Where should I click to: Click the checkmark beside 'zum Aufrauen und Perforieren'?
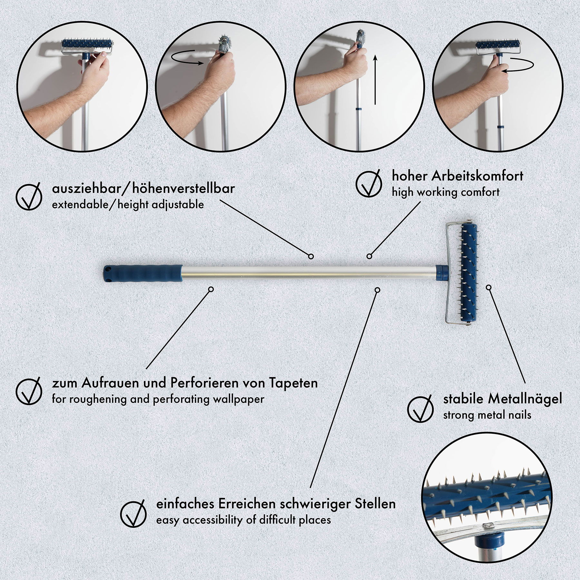pos(29,391)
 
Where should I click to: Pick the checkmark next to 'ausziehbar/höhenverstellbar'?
pos(29,196)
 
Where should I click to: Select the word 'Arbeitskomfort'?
pos(478,176)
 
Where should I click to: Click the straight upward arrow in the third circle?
pos(375,80)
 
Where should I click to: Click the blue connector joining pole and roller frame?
pos(440,272)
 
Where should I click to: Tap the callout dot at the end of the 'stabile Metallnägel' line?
pos(489,287)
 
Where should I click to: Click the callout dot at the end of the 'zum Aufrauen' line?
pos(211,289)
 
